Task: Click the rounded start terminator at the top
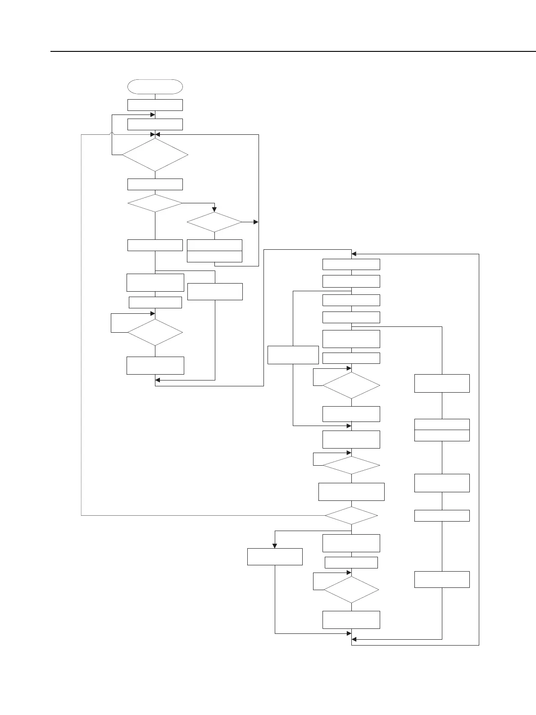tap(155, 87)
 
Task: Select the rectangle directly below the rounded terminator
tap(155, 105)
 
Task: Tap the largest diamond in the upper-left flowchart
tap(155, 155)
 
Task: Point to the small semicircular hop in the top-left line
tap(112, 134)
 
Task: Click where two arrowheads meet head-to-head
tap(155, 134)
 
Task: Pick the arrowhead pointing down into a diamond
tap(214, 210)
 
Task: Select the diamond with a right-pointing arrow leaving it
tap(214, 222)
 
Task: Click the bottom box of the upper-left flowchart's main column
tap(155, 365)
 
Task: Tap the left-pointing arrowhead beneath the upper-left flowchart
tap(158, 380)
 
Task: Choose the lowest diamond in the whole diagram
tap(351, 590)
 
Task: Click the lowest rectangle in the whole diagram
tap(351, 619)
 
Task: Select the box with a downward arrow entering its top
tap(274, 556)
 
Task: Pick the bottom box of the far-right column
tap(442, 579)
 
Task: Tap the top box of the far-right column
tap(442, 383)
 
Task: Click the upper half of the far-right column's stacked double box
tap(442, 424)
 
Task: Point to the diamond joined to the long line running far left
tap(351, 515)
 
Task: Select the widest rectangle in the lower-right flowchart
tap(351, 491)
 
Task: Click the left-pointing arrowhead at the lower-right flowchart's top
tap(354, 254)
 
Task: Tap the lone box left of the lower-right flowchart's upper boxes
tap(293, 355)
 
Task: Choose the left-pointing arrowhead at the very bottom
tap(354, 639)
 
